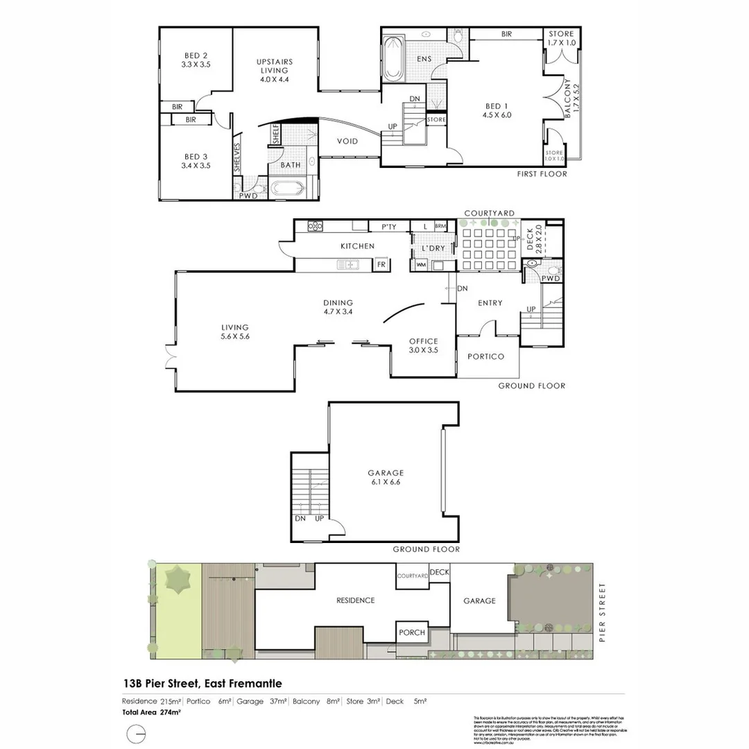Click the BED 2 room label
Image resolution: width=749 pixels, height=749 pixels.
pyautogui.click(x=196, y=60)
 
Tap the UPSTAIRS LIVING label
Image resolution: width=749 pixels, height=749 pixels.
pyautogui.click(x=275, y=70)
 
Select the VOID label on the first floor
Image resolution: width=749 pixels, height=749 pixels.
pyautogui.click(x=347, y=141)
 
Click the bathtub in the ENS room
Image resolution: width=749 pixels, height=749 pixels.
pyautogui.click(x=392, y=56)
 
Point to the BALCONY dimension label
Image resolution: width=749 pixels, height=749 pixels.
pyautogui.click(x=568, y=99)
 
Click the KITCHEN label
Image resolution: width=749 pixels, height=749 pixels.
pyautogui.click(x=357, y=246)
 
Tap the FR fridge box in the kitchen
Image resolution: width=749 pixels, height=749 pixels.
pyautogui.click(x=381, y=264)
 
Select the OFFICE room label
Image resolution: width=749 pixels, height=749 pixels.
pyautogui.click(x=423, y=345)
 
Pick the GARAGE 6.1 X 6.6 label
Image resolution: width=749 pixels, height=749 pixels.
pyautogui.click(x=386, y=478)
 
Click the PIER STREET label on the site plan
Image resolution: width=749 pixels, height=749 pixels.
pyautogui.click(x=602, y=613)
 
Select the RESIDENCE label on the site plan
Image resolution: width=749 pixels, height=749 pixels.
pyautogui.click(x=355, y=601)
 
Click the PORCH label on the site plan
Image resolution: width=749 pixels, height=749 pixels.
pyautogui.click(x=411, y=632)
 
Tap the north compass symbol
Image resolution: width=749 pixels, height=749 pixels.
pyautogui.click(x=137, y=734)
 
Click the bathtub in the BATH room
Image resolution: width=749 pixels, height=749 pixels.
pyautogui.click(x=286, y=188)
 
